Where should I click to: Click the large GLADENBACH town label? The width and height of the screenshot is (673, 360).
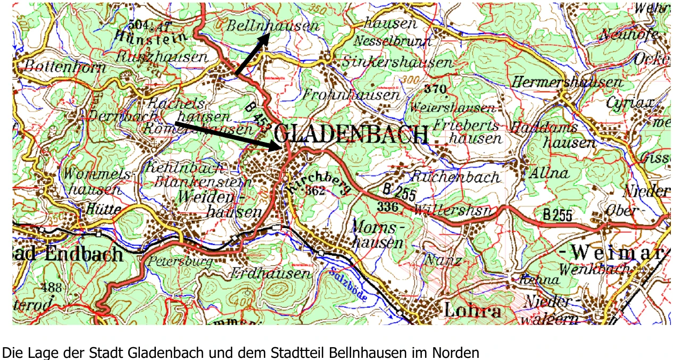point(352,135)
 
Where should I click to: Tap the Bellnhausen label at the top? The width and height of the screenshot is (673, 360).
point(273,26)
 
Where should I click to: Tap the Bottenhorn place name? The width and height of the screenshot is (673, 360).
point(58,66)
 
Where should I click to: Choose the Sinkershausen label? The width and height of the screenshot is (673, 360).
point(396,62)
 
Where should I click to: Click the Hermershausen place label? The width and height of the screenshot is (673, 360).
point(567,82)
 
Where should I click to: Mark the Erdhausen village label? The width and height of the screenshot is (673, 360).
point(271,273)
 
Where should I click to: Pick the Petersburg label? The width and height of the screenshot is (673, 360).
point(180,262)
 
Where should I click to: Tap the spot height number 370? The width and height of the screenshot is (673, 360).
point(435,89)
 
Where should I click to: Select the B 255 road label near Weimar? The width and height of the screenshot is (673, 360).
point(557,215)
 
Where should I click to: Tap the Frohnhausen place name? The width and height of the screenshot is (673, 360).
point(351,95)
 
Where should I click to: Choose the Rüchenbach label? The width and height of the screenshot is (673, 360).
point(455,177)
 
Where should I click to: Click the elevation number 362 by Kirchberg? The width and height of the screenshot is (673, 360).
point(315,191)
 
